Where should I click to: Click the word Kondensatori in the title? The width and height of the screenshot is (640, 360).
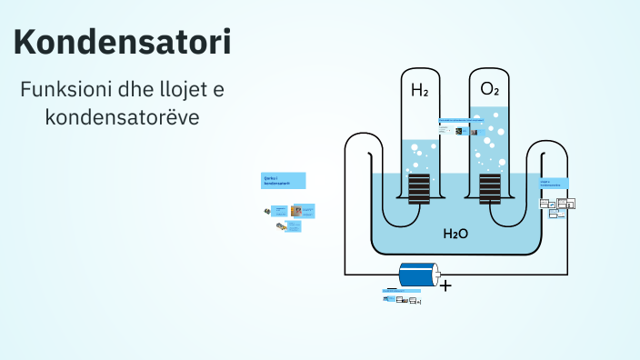(x=123, y=42)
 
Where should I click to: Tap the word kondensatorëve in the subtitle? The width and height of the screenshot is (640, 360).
(x=122, y=117)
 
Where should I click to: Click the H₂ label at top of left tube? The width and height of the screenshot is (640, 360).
(x=419, y=90)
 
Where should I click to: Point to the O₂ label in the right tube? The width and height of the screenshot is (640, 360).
(x=489, y=89)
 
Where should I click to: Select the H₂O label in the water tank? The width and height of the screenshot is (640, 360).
(x=455, y=234)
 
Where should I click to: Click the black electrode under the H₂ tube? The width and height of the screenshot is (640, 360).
(x=419, y=189)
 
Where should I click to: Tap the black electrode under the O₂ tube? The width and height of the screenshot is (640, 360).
(x=489, y=189)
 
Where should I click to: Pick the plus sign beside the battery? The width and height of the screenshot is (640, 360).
(x=445, y=285)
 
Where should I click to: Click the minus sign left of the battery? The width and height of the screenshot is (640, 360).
(x=392, y=288)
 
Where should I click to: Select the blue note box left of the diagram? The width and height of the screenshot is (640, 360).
(x=284, y=180)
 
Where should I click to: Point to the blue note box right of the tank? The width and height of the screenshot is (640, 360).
(x=553, y=183)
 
